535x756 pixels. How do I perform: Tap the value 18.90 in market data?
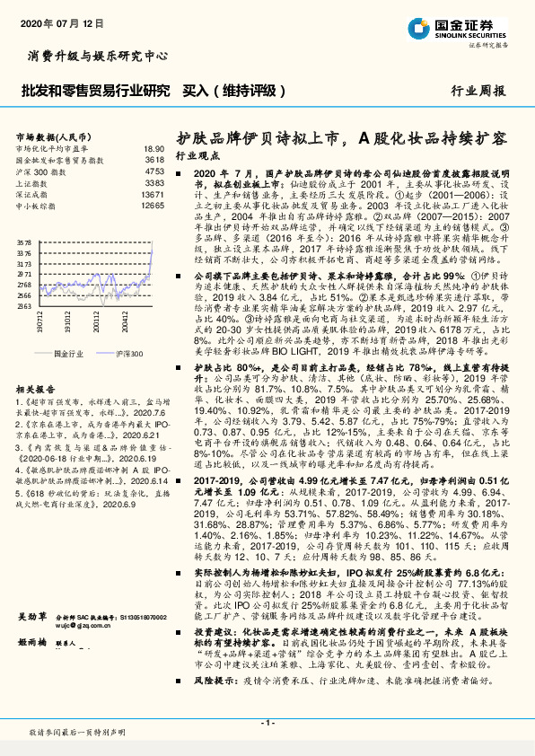coord(153,147)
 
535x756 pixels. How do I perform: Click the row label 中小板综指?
coord(39,205)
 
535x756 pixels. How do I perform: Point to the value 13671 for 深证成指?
coord(153,193)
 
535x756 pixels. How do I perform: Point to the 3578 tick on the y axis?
coord(24,242)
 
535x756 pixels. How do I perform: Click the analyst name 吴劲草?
coord(33,667)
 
